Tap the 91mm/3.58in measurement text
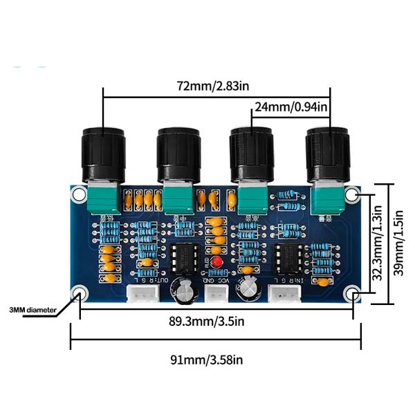coord(215,359)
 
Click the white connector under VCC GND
coord(216,295)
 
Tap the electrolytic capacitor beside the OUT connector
coord(183,291)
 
